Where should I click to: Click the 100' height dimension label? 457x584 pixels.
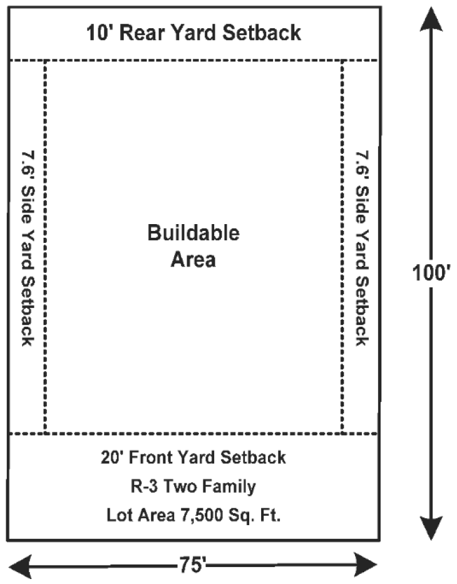431,272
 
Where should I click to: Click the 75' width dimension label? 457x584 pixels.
193,565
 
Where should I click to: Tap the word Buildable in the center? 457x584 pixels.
193,233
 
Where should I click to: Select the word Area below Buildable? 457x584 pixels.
193,260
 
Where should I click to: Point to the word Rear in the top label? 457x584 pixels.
142,33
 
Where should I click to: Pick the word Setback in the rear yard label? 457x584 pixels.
261,33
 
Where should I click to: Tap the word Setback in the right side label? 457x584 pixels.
362,311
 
